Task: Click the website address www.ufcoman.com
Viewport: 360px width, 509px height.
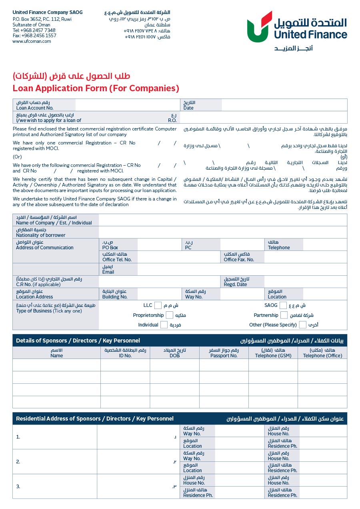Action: (32, 41)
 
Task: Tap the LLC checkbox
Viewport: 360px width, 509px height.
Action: (158, 305)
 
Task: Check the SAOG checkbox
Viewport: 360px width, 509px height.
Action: (283, 305)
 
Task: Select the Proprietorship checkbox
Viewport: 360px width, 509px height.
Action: (170, 315)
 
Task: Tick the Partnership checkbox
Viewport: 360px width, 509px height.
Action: (284, 315)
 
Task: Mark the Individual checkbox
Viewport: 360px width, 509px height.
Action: (164, 325)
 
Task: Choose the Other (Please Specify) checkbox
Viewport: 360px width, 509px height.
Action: (303, 325)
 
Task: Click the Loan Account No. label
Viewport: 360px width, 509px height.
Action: (35, 108)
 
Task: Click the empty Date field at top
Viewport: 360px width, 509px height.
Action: (284, 105)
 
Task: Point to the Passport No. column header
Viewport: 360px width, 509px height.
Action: (224, 356)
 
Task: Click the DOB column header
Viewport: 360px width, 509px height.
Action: (174, 356)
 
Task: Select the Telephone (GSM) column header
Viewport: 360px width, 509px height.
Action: (273, 356)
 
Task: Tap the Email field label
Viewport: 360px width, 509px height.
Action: (108, 272)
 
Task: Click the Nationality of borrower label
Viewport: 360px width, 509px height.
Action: (40, 235)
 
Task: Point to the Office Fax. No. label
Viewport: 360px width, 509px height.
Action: (239, 260)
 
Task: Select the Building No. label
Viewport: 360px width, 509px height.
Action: (115, 297)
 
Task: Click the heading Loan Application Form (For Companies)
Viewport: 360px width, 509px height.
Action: (96, 88)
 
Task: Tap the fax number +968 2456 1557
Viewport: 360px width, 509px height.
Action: (34, 36)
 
